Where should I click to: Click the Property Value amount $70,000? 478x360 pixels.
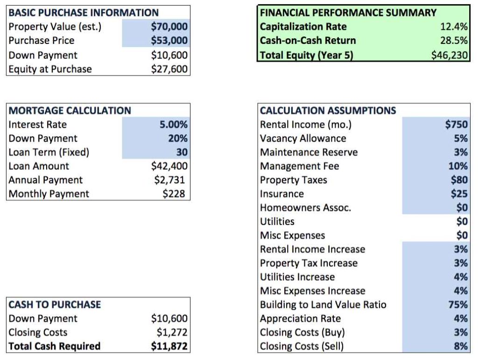[x=169, y=27]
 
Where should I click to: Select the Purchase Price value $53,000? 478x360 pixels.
[x=169, y=41]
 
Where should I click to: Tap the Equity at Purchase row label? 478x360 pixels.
[x=50, y=69]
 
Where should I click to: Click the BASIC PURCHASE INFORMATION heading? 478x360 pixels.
[x=84, y=13]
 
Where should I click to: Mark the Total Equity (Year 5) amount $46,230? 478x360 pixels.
[x=450, y=55]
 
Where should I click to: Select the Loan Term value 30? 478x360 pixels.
[x=182, y=152]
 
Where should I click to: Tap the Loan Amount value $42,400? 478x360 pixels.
[x=169, y=166]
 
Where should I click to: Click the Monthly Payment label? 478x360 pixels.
[x=49, y=194]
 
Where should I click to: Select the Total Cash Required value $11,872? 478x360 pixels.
[x=169, y=346]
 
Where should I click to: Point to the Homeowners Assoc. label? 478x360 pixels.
[x=305, y=208]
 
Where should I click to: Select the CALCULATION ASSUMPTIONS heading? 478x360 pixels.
[x=328, y=111]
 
